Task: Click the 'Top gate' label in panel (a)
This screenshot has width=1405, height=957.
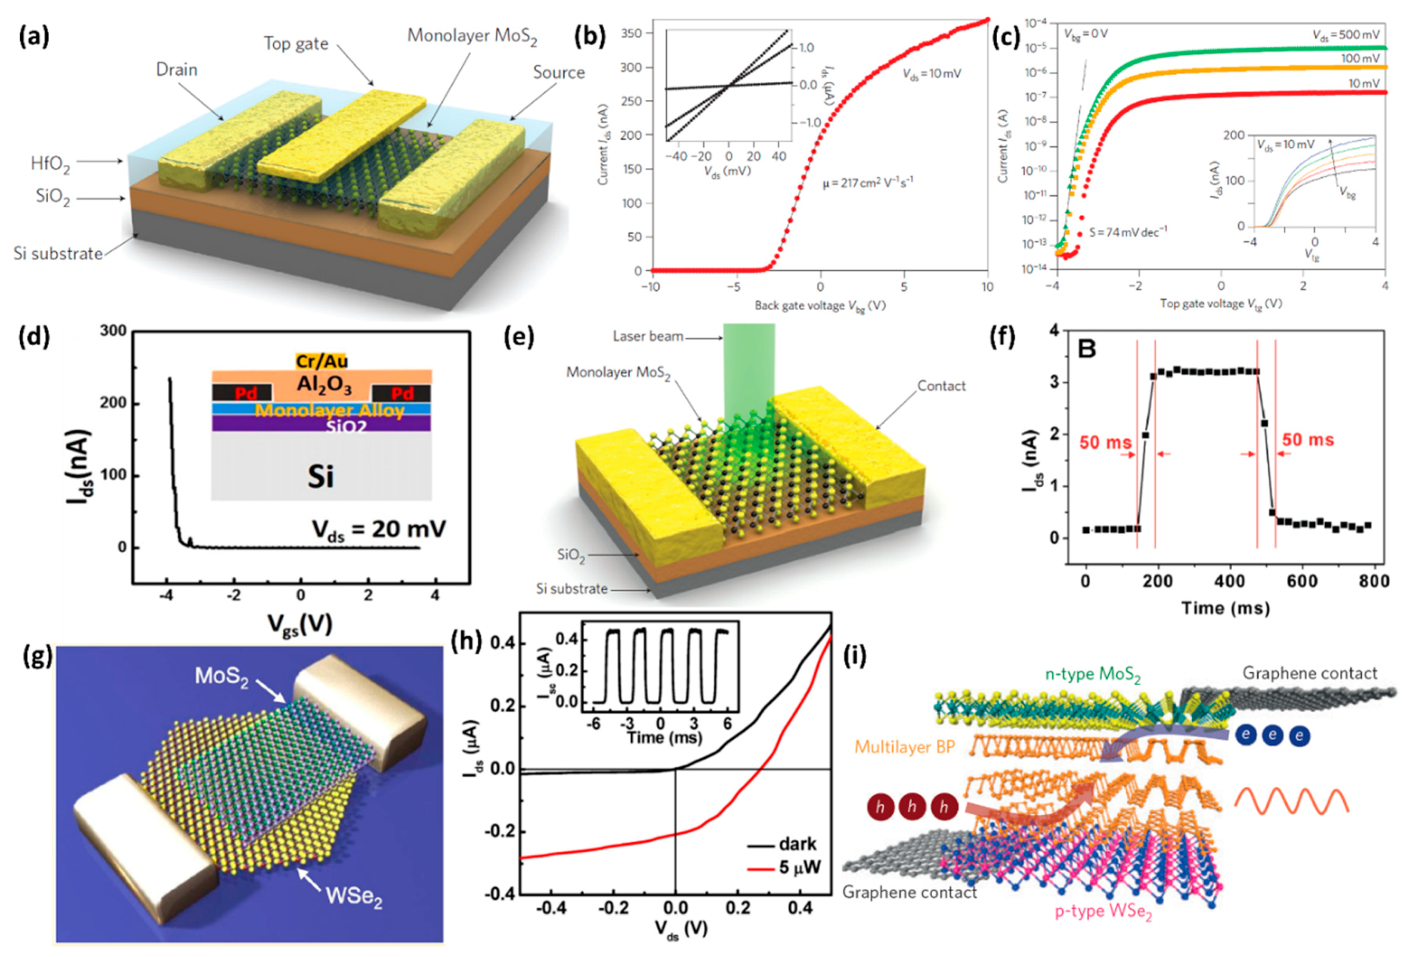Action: [x=296, y=44]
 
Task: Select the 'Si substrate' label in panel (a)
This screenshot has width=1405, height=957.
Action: [x=58, y=253]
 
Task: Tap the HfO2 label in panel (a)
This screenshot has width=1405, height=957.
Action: [x=50, y=164]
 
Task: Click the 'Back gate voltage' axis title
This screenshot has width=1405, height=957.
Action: [x=820, y=306]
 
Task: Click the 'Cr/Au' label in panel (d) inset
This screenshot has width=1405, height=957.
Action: [x=322, y=361]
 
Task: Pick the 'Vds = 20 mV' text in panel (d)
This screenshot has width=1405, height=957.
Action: [x=379, y=530]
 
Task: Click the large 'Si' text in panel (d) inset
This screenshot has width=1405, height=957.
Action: [x=320, y=476]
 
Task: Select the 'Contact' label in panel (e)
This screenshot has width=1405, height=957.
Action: [x=941, y=386]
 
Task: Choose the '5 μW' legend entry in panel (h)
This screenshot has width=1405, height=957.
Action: [x=799, y=868]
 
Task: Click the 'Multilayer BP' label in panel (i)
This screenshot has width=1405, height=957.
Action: [x=905, y=747]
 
